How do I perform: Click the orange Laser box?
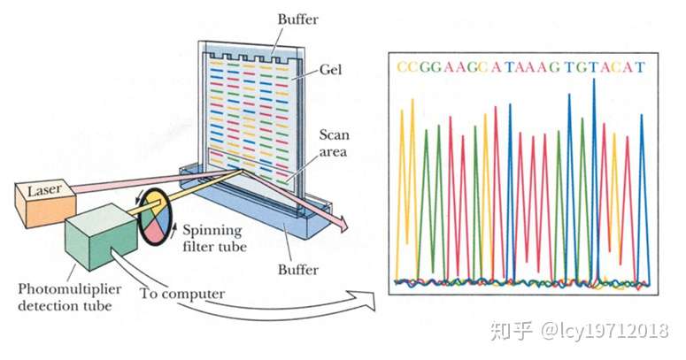(x=45, y=203)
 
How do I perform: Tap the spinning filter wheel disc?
(x=156, y=217)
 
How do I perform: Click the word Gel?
(x=330, y=70)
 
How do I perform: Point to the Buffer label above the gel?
(x=297, y=19)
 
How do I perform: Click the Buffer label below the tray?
(x=297, y=269)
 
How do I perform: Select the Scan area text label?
(x=334, y=143)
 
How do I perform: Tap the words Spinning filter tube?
(x=214, y=238)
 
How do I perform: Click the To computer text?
(x=182, y=294)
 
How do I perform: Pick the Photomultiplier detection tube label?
(x=70, y=297)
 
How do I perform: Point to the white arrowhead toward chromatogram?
(x=366, y=301)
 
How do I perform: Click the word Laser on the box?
(x=44, y=190)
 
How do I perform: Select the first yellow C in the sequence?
(x=402, y=67)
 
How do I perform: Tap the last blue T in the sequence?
(x=640, y=67)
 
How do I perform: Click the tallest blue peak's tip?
(x=594, y=79)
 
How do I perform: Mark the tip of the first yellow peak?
(x=402, y=110)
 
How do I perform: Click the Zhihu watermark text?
(x=579, y=331)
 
